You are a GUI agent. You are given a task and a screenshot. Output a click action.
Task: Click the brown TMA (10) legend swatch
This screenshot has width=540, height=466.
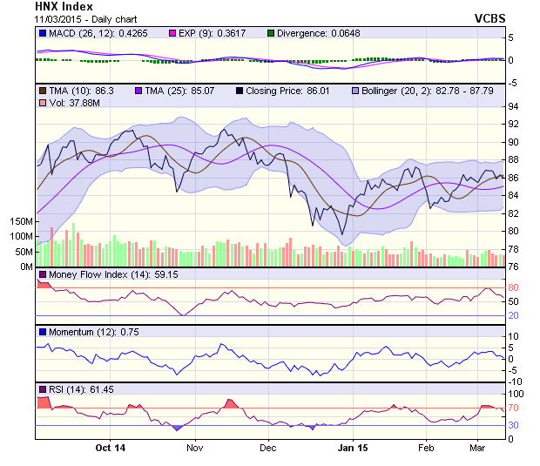42,91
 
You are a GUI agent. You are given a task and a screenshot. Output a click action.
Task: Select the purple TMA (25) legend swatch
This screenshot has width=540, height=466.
139,91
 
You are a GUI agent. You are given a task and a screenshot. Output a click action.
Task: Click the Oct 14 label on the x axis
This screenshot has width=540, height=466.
111,448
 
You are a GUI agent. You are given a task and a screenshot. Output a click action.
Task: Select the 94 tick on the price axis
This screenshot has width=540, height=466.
514,106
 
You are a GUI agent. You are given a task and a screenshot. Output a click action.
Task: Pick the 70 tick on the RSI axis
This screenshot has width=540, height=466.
514,408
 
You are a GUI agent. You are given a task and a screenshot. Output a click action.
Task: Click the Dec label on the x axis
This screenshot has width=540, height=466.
267,448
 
